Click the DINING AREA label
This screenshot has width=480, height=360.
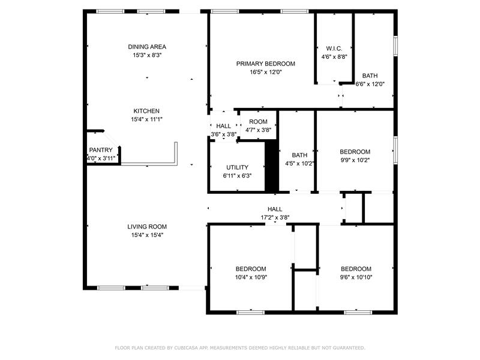147,47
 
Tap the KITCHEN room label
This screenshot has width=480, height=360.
146,111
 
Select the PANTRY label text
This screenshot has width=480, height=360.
101,150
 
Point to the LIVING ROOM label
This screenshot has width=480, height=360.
147,227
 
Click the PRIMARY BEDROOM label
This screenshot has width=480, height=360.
265,64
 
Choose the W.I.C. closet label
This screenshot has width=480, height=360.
334,49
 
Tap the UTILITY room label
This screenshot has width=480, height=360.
237,167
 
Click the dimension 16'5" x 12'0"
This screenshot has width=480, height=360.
265,72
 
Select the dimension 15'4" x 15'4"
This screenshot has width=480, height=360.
147,235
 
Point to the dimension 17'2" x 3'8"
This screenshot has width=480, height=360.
275,218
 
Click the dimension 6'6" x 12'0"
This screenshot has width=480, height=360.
370,84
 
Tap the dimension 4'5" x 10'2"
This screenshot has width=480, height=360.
299,164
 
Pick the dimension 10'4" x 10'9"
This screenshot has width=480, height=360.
251,277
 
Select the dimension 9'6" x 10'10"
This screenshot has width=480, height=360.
356,277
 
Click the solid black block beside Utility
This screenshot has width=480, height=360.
271,166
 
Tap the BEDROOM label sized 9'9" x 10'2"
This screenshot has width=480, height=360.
355,152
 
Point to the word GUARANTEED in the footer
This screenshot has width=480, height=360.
349,348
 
